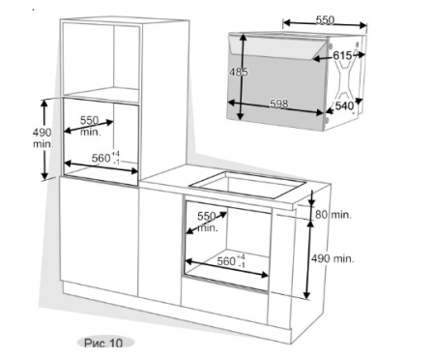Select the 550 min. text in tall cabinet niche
click(x=90, y=125)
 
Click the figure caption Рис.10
click(x=102, y=343)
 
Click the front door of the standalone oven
click(x=280, y=77)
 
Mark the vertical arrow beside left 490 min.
click(x=44, y=138)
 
